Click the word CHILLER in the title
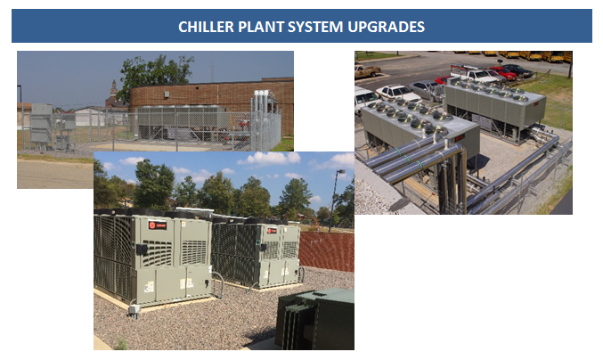point(206,27)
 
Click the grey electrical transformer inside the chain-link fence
point(42,125)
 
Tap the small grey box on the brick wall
point(167,94)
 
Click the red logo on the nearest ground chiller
point(158,225)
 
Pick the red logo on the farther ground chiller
point(272,231)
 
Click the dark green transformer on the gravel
point(315,319)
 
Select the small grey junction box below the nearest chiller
point(134,309)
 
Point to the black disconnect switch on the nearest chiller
point(142,249)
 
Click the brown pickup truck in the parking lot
point(367,71)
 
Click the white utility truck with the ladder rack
point(474,73)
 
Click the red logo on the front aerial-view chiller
point(460,137)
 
